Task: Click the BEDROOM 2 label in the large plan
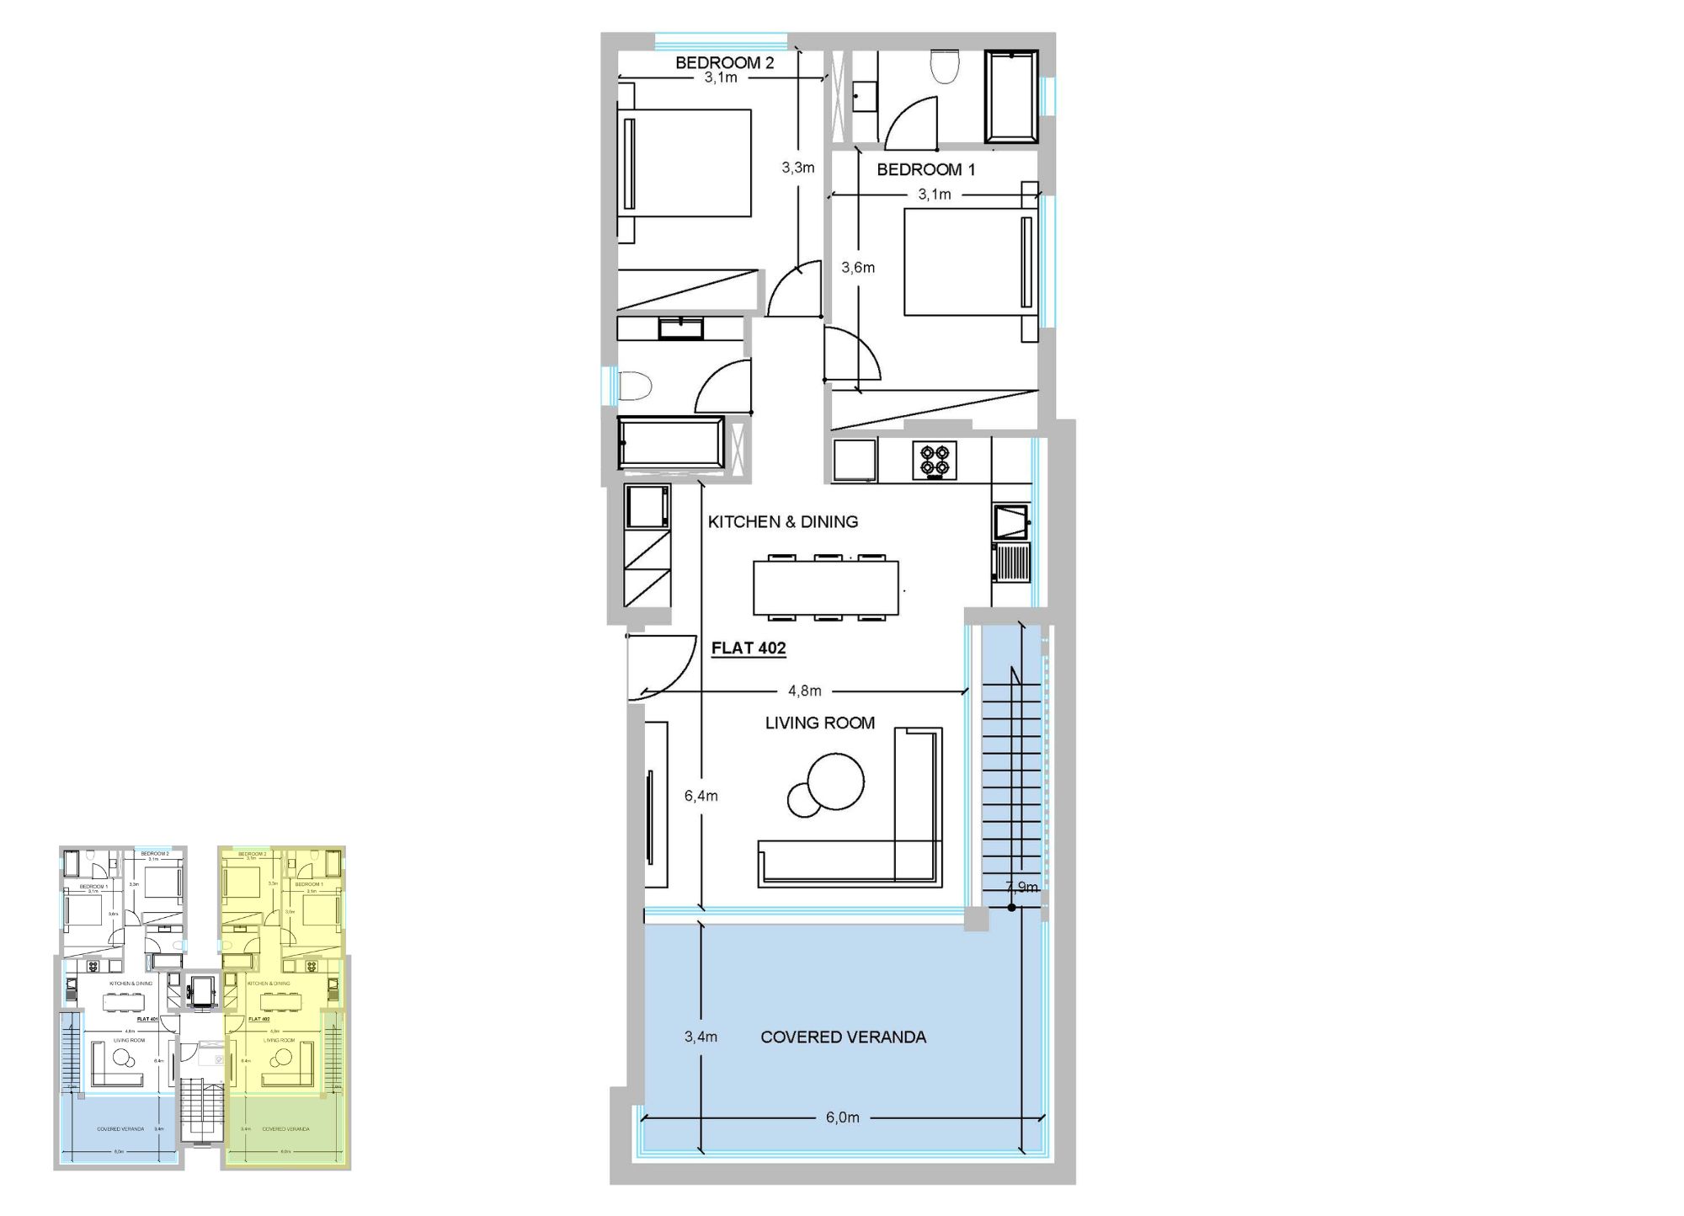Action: point(724,63)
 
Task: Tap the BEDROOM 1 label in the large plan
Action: point(925,169)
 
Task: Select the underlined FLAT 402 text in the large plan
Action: point(748,648)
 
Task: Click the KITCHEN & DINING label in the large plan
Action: point(782,521)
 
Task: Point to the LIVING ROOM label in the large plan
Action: point(819,723)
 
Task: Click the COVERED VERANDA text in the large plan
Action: point(843,1037)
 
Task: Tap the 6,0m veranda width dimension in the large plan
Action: point(842,1117)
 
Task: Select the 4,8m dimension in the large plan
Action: point(804,691)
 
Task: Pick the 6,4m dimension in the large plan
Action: point(701,795)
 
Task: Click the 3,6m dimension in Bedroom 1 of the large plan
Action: point(858,268)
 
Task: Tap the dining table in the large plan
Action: point(825,588)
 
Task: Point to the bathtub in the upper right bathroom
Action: point(1011,96)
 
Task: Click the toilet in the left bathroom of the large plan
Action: point(636,387)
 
